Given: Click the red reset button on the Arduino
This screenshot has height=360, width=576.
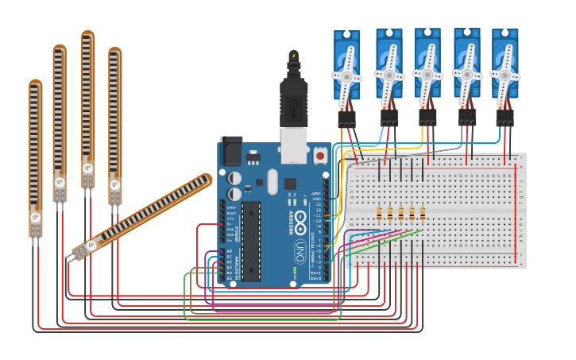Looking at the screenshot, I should coord(320,156).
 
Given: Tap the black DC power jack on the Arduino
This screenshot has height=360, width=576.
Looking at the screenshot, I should coord(231,150).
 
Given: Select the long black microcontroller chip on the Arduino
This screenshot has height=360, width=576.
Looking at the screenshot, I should coord(251,241).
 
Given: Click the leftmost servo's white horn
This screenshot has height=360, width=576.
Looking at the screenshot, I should coord(346,78).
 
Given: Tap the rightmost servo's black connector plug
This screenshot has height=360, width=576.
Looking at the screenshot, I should coord(504,118).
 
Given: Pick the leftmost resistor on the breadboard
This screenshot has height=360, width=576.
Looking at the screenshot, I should coord(379,213).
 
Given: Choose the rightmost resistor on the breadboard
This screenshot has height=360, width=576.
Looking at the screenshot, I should coord(422,213).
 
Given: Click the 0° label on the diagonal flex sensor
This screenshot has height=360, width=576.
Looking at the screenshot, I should coord(91,246).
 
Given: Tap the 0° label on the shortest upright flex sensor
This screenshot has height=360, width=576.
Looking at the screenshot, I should coord(35,217).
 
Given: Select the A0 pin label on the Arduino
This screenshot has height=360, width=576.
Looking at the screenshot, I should coord(230,251).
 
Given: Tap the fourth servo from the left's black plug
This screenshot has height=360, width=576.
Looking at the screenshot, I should coord(466,118).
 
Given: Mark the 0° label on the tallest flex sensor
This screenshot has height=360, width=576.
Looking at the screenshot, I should coord(87,168).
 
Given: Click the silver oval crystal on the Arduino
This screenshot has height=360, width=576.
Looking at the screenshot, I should coord(273,182).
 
